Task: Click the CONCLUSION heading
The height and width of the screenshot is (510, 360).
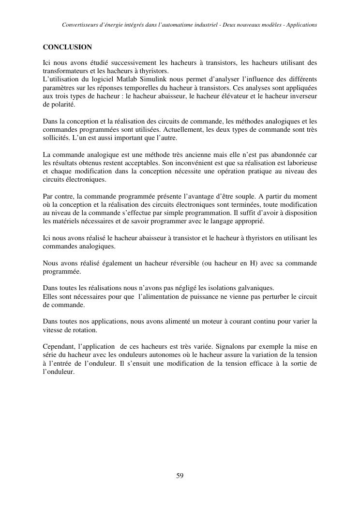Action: [67, 47]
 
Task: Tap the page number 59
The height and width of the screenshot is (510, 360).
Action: [180, 476]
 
